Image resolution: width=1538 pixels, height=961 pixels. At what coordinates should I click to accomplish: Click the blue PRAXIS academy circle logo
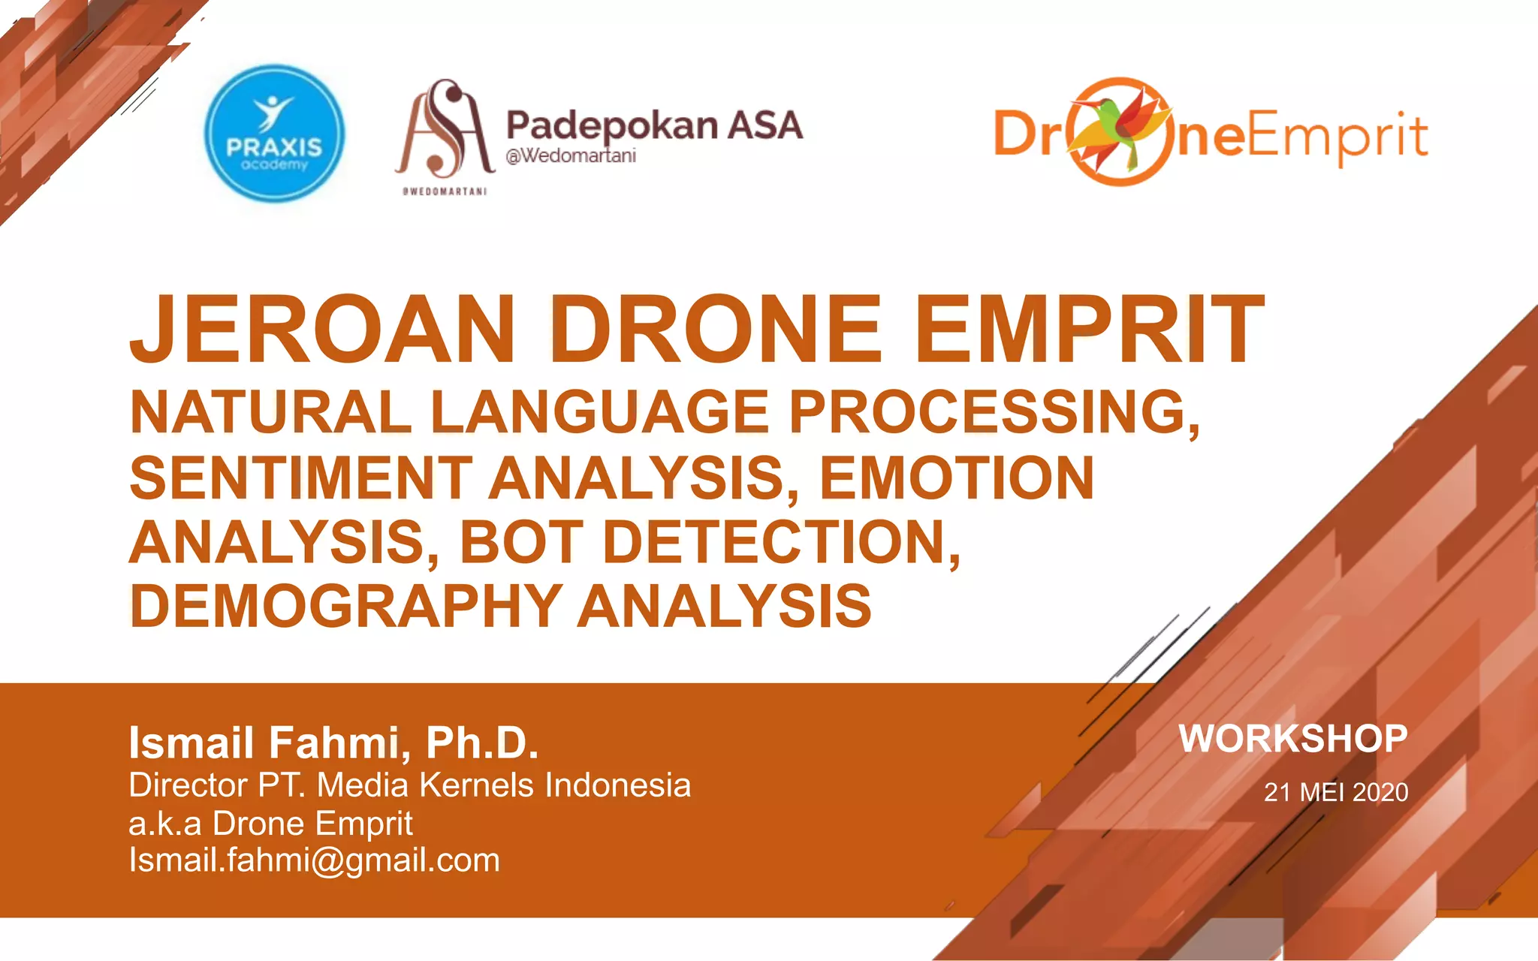coord(274,134)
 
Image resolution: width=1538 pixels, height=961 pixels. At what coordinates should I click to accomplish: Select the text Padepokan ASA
coord(654,125)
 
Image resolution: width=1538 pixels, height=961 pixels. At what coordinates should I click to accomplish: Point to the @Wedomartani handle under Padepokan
coord(571,156)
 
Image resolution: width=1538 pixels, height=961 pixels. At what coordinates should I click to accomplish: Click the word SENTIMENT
coord(300,477)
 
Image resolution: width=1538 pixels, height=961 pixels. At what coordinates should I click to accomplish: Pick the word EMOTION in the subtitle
coord(956,477)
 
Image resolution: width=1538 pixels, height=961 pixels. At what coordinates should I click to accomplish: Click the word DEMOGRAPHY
coord(346,606)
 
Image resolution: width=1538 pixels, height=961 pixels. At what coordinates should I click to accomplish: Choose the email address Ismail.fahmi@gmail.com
coord(314,860)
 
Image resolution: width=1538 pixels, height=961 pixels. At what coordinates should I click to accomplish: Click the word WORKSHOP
coord(1292,739)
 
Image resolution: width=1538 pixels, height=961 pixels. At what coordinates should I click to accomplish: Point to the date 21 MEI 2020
coord(1335,792)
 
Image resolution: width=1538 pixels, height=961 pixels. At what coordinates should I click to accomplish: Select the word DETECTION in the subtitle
coord(781,542)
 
